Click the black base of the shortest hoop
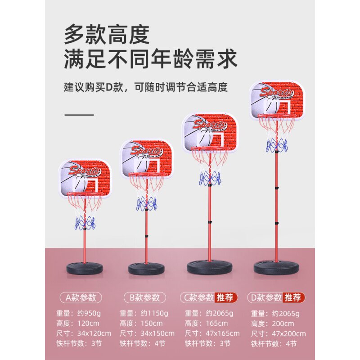[x=85, y=269]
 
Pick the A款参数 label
[x=81, y=297]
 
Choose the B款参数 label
[x=144, y=297]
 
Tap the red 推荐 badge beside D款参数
[x=294, y=297]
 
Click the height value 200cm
[x=284, y=324]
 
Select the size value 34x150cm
[x=157, y=333]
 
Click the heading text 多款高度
[x=106, y=35]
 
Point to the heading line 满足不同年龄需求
[x=150, y=59]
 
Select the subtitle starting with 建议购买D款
[x=145, y=87]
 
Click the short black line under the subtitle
[x=79, y=115]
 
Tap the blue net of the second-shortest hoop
[x=147, y=204]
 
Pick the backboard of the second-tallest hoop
[x=210, y=132]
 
